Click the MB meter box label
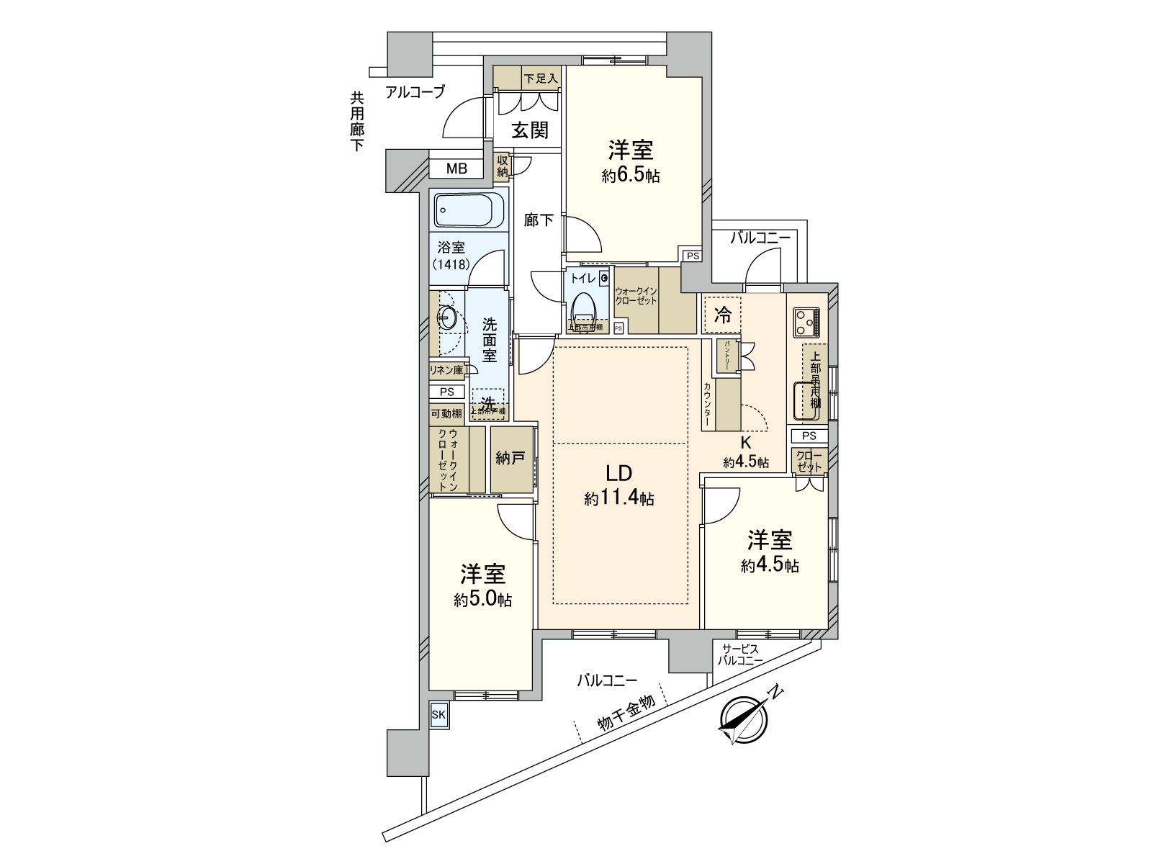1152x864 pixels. click(456, 169)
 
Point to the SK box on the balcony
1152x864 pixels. click(438, 715)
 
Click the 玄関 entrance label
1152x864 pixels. click(531, 130)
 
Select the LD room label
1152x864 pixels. click(618, 473)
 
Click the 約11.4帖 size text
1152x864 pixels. click(619, 498)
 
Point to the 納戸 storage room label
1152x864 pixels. click(510, 459)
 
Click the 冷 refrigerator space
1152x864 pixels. click(723, 315)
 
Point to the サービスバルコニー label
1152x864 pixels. click(738, 654)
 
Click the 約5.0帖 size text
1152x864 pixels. click(483, 600)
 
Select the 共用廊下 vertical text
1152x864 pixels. click(357, 122)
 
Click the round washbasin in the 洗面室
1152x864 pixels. click(446, 318)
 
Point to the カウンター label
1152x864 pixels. click(708, 405)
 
